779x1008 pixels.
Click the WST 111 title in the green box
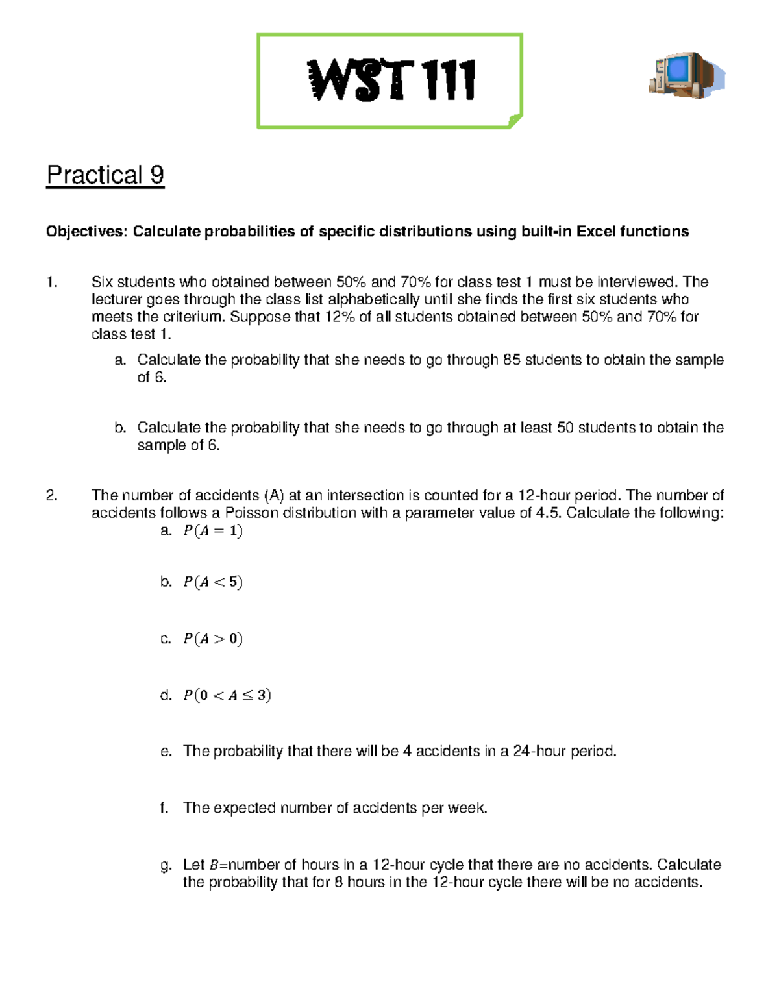[x=391, y=80]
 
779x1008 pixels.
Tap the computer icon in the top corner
[x=686, y=75]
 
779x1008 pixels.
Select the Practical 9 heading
[x=105, y=175]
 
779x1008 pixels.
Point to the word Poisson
[x=251, y=513]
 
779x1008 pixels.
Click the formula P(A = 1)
[x=213, y=531]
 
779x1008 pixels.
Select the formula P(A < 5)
[x=213, y=582]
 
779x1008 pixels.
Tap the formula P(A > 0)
[x=213, y=639]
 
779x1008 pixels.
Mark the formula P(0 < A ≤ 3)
[x=227, y=696]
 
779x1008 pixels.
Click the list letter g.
[x=166, y=865]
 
